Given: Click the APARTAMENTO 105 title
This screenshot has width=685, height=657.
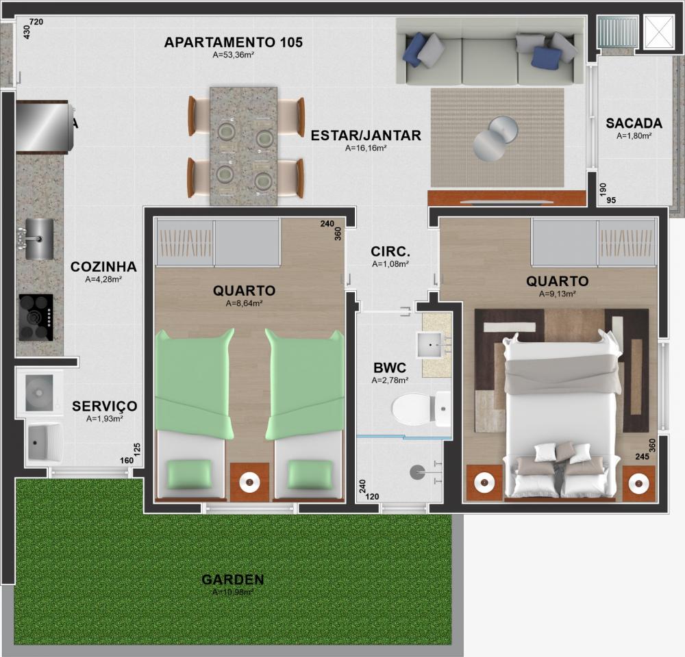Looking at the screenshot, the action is coord(234,42).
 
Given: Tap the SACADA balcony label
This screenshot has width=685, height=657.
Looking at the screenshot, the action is coord(634,124).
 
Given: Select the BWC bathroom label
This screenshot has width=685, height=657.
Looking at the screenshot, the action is coord(390,368).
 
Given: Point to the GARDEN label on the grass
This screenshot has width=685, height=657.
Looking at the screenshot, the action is coord(233,579).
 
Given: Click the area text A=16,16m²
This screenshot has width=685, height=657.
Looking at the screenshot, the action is coord(366,148).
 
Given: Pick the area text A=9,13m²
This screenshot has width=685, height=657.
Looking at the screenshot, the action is coord(557,294).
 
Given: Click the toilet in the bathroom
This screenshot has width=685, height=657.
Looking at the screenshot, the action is coord(421,409).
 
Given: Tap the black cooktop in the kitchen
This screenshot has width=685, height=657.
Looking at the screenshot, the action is coord(36,318).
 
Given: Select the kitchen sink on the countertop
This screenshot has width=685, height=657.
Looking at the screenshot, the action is coord(38,239).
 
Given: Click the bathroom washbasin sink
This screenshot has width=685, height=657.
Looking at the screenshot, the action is coord(431,346).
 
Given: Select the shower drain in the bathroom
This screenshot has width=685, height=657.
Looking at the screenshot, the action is coord(417,472).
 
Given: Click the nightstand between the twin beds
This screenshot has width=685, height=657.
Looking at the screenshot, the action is coord(249,482).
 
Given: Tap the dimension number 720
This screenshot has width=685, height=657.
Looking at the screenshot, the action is coord(36,22).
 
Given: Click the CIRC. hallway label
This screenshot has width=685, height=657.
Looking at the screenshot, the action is coord(390,251).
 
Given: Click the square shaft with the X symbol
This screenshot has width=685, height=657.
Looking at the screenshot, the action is coord(659,31).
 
